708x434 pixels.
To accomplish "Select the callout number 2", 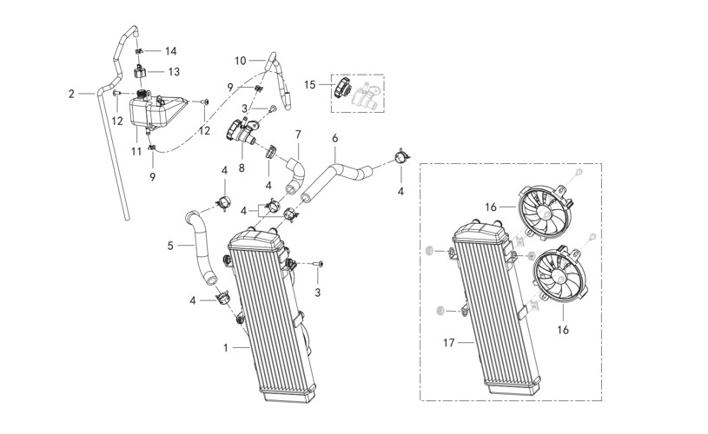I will [x=72, y=92].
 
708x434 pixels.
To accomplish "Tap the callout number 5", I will [x=171, y=246].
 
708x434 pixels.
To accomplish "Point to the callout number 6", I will [x=335, y=138].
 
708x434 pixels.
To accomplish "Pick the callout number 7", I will [x=298, y=135].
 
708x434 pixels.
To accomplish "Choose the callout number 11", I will [x=136, y=151].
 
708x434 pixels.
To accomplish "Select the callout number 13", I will [x=174, y=71].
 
